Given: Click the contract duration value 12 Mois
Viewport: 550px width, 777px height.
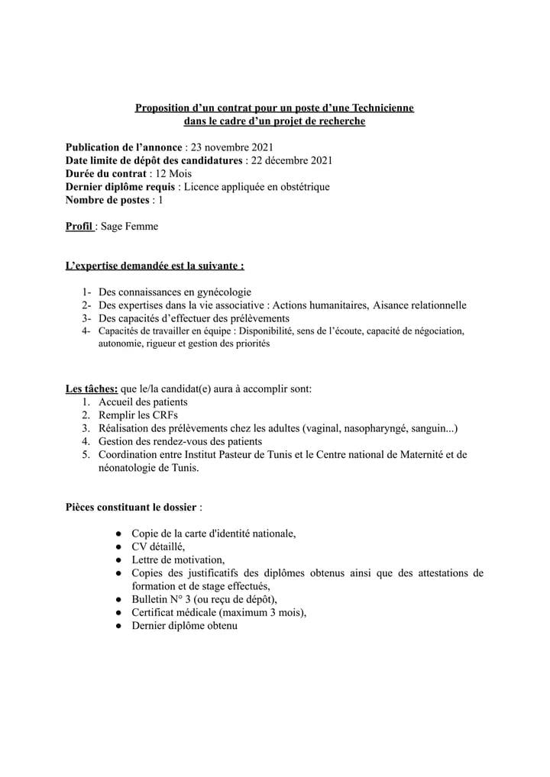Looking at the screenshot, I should point(173,173).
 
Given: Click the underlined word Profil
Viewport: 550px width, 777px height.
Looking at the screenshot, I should point(79,227).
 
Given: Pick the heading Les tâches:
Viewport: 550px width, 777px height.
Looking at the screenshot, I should point(92,388).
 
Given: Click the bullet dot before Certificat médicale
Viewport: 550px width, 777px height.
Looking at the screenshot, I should point(120,613).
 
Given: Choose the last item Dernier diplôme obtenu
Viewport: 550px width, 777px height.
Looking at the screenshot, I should point(184,626).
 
